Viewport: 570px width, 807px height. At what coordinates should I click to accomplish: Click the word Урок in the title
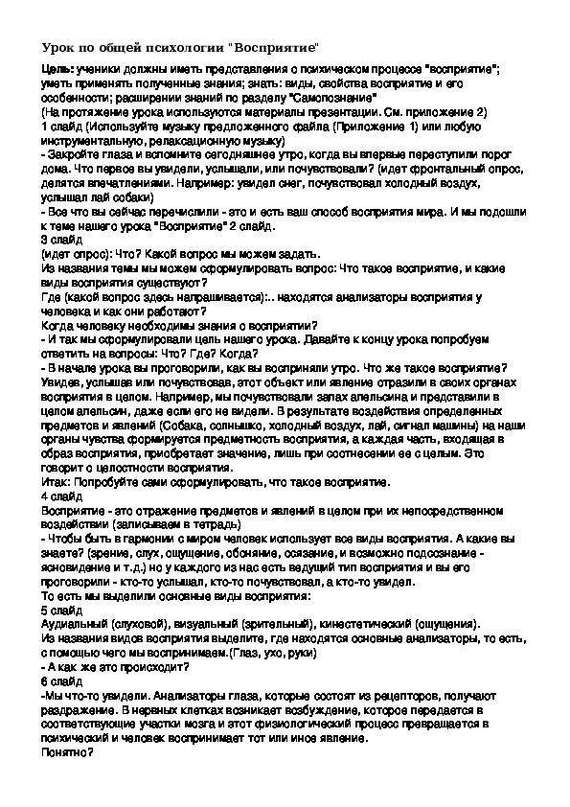(x=58, y=47)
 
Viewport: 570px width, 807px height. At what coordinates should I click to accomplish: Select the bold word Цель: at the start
(x=58, y=72)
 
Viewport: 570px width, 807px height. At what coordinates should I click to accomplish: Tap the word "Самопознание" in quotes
(x=335, y=99)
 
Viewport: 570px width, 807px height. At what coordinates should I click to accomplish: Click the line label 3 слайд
(x=60, y=239)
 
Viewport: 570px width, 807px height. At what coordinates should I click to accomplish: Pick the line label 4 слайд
(x=60, y=499)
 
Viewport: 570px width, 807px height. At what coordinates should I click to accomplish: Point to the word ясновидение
(x=80, y=567)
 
